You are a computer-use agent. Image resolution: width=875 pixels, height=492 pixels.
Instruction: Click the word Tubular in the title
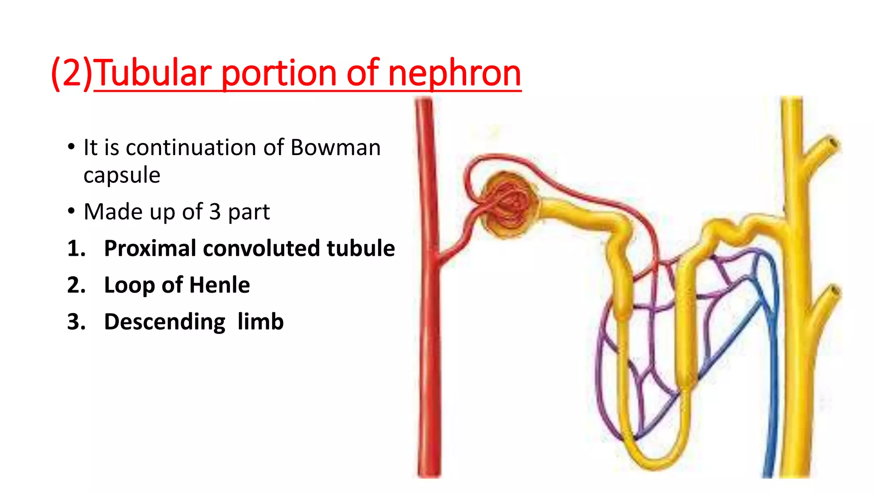(x=153, y=73)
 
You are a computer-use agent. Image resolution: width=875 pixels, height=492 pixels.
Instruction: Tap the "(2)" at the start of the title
(x=72, y=73)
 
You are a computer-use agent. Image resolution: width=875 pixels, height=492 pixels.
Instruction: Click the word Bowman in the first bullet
(x=335, y=148)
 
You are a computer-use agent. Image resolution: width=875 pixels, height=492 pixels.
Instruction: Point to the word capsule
(x=122, y=175)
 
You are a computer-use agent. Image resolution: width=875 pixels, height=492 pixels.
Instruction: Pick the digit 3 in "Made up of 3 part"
(x=215, y=211)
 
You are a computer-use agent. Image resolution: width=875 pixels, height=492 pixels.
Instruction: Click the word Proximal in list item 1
(x=150, y=248)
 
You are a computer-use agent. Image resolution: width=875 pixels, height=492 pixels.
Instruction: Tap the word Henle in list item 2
(x=219, y=285)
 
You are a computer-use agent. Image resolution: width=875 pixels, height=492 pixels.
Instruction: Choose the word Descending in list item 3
(x=164, y=322)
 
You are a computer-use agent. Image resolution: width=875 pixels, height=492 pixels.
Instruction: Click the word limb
(x=260, y=322)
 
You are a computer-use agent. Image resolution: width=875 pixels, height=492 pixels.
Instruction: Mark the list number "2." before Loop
(x=76, y=285)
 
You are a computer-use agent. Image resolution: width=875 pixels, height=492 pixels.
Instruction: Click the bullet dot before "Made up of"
(x=71, y=211)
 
